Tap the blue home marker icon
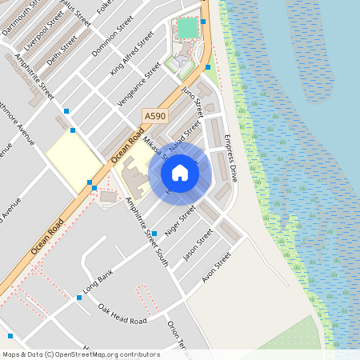pos(180,173)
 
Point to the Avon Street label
pos(216,267)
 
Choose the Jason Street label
pos(198,245)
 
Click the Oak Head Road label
pos(122,314)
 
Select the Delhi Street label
pos(59,45)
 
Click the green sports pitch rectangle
pos(187,29)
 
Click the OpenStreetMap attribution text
pos(81,354)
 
